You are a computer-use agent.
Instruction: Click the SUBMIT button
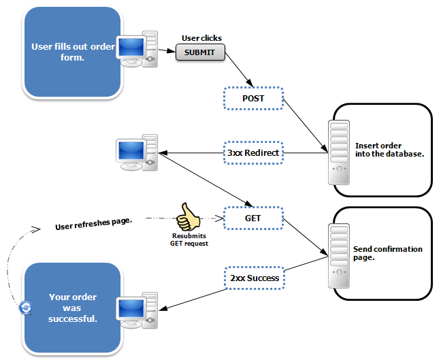click(200, 52)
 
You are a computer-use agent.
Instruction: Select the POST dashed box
click(253, 99)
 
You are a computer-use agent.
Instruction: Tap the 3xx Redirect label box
click(253, 152)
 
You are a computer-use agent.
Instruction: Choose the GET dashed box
click(253, 218)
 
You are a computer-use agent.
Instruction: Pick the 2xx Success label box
click(253, 278)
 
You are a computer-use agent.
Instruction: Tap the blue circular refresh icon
click(26, 308)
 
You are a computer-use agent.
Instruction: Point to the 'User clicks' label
click(201, 38)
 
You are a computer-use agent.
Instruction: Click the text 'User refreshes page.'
click(93, 223)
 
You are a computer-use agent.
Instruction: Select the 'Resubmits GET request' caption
click(189, 240)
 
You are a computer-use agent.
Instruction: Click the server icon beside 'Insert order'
click(339, 152)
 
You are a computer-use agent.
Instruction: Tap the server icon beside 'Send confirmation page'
click(339, 252)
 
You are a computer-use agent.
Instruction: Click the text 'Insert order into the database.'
click(389, 150)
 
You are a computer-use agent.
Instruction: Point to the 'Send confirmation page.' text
click(388, 253)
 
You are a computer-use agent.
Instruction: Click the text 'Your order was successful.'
click(73, 307)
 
